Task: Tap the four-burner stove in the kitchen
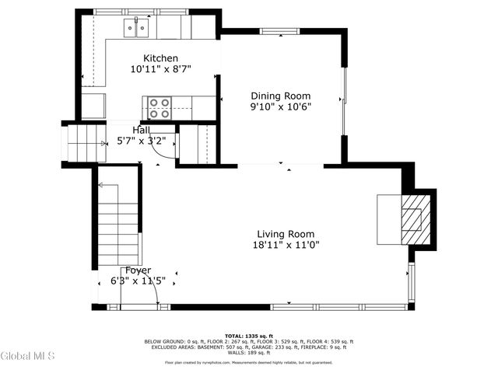point(160,107)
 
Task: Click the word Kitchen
point(160,58)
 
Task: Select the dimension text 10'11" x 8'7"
point(160,69)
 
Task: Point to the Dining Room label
point(274,96)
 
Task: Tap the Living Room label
point(286,234)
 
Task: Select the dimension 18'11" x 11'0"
point(286,245)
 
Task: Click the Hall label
point(141,130)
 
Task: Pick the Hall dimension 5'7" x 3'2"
point(141,141)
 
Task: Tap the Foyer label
point(138,270)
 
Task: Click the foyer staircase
point(119,225)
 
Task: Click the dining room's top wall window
point(277,33)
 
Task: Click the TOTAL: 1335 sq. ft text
point(248,336)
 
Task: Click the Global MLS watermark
point(27,357)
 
